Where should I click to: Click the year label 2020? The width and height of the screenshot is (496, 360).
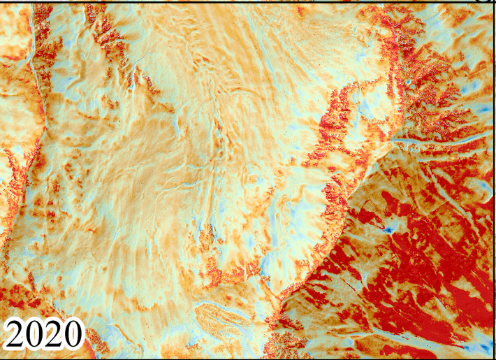(x=43, y=335)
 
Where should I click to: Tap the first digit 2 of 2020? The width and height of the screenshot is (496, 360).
(x=17, y=335)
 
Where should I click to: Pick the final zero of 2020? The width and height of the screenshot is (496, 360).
(x=71, y=335)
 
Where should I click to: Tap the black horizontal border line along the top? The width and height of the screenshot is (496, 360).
(x=245, y=1)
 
